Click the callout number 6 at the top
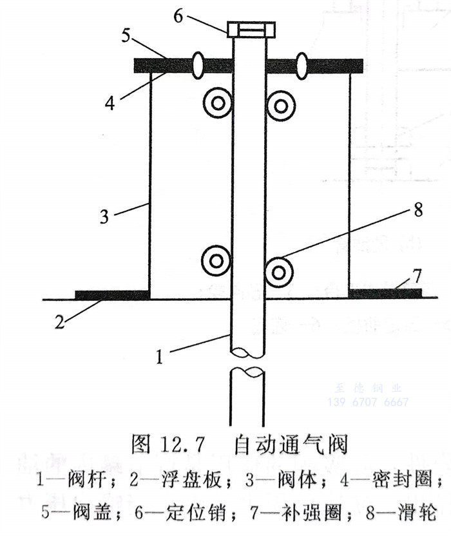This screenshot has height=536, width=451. [x=178, y=15]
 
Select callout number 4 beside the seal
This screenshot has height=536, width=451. [x=110, y=102]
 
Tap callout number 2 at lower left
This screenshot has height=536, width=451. [x=59, y=322]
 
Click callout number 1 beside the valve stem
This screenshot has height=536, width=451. [x=160, y=356]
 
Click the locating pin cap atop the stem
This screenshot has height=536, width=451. [x=251, y=29]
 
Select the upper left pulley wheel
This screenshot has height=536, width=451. [x=217, y=103]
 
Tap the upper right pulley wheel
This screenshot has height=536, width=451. [x=281, y=105]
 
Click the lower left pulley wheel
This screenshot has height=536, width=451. [x=215, y=261]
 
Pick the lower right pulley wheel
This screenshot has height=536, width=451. [x=279, y=272]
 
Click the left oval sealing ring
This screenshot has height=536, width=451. [x=198, y=66]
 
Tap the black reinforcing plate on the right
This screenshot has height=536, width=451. [x=385, y=294]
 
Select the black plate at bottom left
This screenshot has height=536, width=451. [x=112, y=295]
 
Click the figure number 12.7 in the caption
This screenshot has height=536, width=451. [x=183, y=445]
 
